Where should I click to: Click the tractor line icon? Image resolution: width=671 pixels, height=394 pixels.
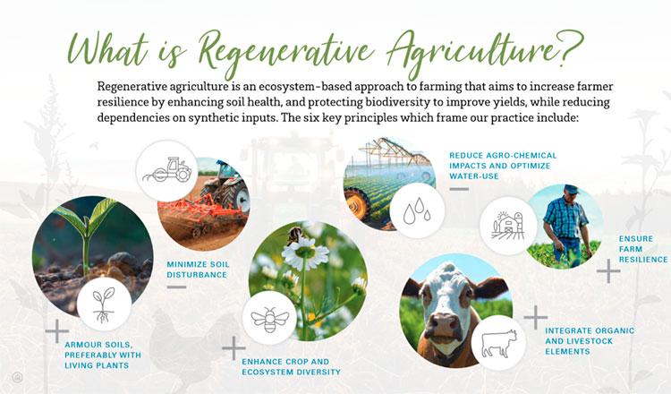coord(167,169)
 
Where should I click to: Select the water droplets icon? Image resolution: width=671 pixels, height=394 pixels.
coord(417,210)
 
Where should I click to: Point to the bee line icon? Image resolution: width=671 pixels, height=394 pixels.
coord(270,320)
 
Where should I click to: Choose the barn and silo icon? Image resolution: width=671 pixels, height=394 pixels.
coord(508,226)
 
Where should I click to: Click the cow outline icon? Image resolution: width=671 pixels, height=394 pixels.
coord(499,344)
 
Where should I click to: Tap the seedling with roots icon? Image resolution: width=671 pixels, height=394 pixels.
coord(104,305)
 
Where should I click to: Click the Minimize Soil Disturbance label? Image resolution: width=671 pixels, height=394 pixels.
coord(198,270)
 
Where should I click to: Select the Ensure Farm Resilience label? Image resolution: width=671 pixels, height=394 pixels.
coord(642,249)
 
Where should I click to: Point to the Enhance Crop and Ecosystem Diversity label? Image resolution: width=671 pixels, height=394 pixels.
coord(291,367)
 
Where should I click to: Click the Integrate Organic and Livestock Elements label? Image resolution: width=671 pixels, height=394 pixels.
coord(590,341)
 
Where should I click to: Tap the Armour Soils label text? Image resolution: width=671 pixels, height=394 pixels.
coord(103,355)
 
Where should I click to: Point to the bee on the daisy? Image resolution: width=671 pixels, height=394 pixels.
coord(294,236)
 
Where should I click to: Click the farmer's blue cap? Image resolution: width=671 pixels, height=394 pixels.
coord(571,189)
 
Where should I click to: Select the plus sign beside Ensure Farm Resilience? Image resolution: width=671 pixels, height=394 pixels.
coord(608,271)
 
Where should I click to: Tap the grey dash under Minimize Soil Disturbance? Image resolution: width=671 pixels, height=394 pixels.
coord(176,287)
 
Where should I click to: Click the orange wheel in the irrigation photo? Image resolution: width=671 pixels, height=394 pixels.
coord(356,203)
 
